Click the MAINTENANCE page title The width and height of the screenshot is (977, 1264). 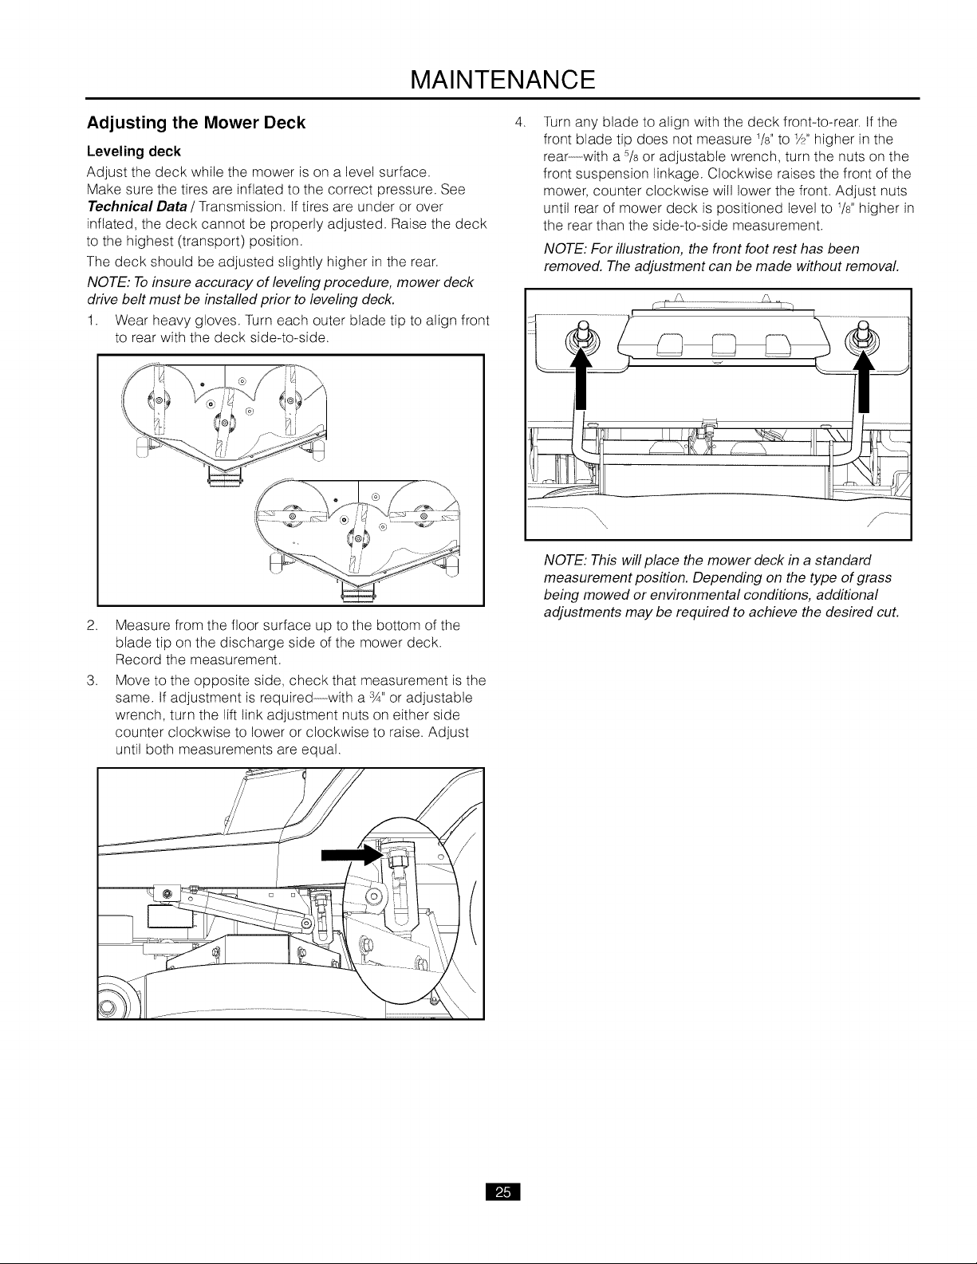503,80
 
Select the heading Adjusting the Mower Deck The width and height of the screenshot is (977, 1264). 196,124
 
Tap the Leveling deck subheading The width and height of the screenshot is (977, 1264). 134,152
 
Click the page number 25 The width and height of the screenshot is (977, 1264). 503,1192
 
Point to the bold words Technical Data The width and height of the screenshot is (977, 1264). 137,207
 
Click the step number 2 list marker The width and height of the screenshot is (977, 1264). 91,626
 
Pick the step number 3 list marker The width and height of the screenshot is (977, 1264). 91,680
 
